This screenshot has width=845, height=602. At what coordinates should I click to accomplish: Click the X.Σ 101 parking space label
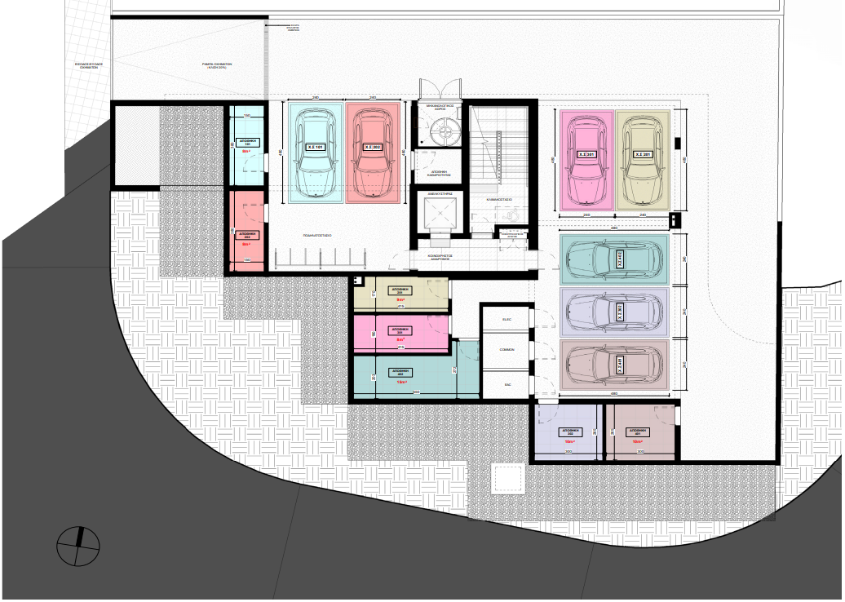point(316,147)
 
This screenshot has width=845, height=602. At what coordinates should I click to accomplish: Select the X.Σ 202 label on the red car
point(373,147)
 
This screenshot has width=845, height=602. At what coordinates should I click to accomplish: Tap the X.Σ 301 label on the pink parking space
point(586,153)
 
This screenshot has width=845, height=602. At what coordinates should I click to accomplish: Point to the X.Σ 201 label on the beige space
point(643,153)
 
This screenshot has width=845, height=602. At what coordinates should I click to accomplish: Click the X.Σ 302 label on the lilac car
point(620,311)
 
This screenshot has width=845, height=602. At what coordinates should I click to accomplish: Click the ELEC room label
point(506,321)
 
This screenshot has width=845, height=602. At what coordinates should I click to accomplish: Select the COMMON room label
point(507,349)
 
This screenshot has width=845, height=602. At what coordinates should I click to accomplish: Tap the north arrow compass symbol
point(78,546)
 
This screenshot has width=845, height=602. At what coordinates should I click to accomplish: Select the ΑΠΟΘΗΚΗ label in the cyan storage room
point(248,142)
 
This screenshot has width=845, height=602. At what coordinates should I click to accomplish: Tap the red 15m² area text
point(400,382)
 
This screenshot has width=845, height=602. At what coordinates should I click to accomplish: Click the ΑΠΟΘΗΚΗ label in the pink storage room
point(400,331)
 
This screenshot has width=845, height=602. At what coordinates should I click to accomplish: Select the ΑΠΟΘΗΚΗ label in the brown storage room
point(638,432)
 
